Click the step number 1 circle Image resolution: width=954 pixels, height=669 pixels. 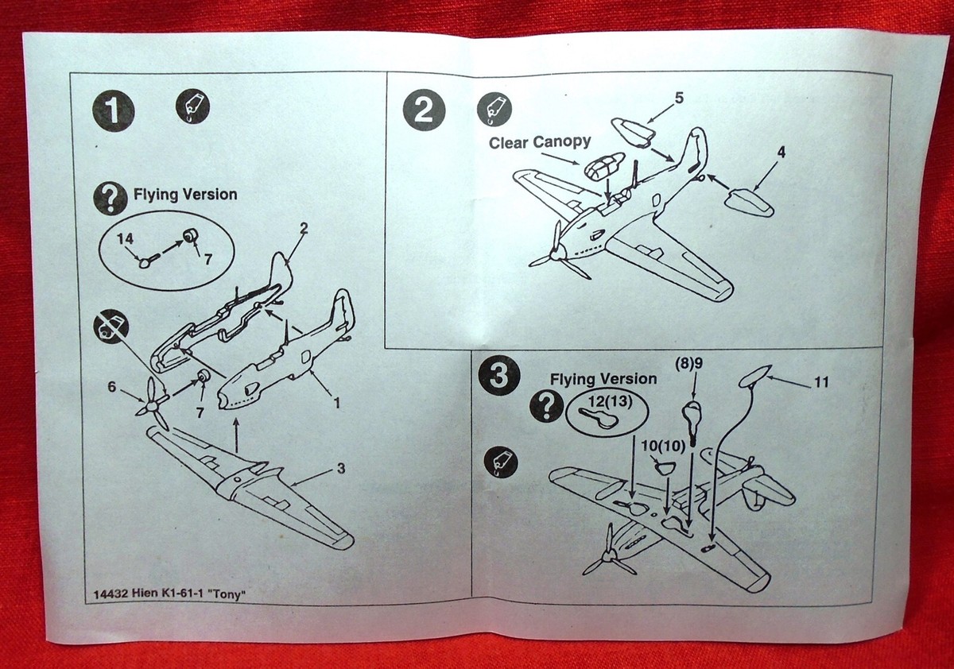(114, 110)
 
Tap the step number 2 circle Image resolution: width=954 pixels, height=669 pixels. (424, 110)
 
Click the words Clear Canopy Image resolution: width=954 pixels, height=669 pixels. (540, 142)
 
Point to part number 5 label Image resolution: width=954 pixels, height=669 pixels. (678, 99)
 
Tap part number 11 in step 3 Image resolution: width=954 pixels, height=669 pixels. (821, 383)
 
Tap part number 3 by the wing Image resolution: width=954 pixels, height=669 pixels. (340, 469)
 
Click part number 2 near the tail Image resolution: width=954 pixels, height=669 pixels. (303, 228)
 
